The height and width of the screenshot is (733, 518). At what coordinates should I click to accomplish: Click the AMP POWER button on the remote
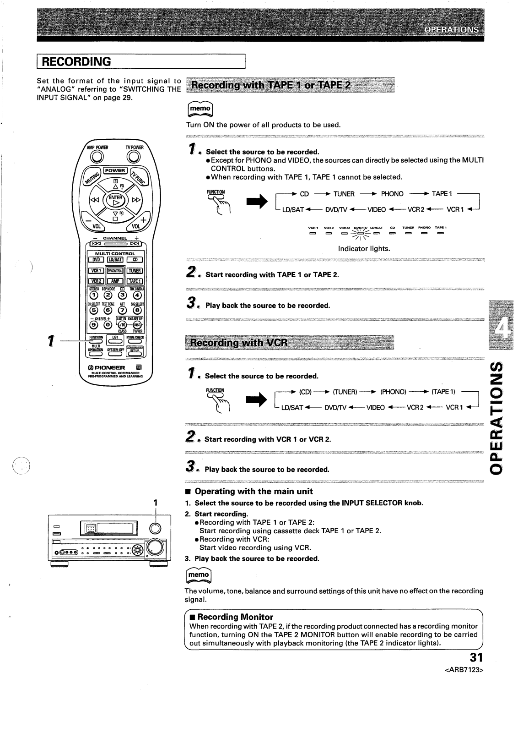pyautogui.click(x=97, y=157)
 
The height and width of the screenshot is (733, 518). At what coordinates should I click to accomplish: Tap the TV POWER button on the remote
pyautogui.click(x=134, y=157)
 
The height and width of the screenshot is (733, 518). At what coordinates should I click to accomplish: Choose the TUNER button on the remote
pyautogui.click(x=135, y=271)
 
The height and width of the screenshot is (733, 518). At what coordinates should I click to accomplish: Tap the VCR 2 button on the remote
pyautogui.click(x=96, y=281)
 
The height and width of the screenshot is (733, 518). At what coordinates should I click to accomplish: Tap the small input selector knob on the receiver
pyautogui.click(x=156, y=528)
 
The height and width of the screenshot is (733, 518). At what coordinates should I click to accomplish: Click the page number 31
pyautogui.click(x=476, y=657)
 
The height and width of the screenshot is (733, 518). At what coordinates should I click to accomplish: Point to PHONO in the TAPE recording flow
pyautogui.click(x=392, y=194)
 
